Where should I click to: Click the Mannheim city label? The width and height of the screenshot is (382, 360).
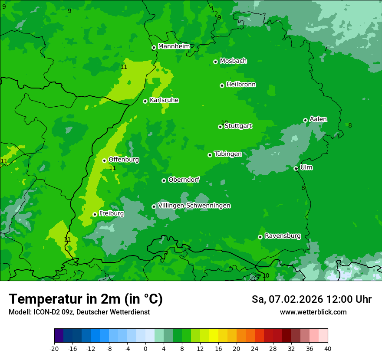(174, 46)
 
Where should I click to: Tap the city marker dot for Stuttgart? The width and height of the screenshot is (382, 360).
(220, 127)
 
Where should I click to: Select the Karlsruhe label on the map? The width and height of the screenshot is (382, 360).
(164, 100)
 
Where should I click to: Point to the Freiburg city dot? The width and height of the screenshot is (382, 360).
(95, 214)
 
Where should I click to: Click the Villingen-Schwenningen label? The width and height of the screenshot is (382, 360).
(194, 206)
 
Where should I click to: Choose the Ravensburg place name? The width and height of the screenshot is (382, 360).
(283, 236)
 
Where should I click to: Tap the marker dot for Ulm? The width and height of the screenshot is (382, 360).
(296, 168)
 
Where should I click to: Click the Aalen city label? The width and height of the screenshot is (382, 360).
(318, 119)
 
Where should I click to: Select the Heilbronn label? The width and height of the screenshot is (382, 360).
(241, 85)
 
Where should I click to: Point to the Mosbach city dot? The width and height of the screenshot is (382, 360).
(215, 62)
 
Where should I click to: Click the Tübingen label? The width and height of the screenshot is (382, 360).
(228, 154)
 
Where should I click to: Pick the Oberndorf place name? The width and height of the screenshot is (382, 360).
(184, 180)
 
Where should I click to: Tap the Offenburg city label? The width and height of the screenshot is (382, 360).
(124, 160)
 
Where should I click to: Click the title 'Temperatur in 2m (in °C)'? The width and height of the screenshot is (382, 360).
(86, 299)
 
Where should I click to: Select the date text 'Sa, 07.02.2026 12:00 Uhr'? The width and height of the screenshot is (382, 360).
(311, 299)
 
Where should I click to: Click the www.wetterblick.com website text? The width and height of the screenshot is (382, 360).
(313, 312)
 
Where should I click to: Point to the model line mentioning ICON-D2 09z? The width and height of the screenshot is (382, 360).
(79, 312)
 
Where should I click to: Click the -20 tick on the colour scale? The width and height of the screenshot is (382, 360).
(54, 349)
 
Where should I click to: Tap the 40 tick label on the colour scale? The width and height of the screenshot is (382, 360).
(327, 349)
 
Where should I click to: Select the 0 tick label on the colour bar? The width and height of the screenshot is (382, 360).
(145, 349)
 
